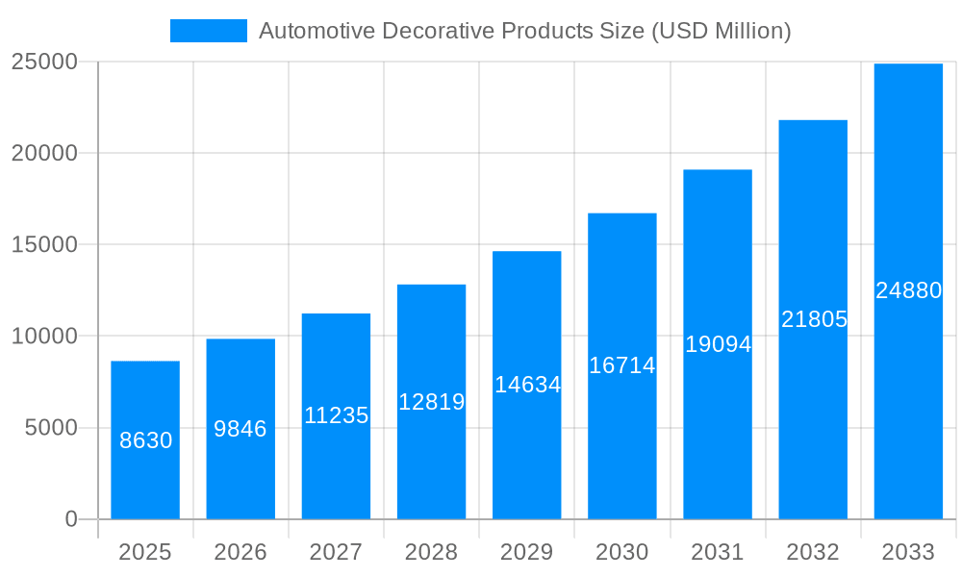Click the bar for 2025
pos(145,481)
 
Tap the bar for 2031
pos(718,433)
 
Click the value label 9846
pos(240,429)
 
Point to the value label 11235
pos(336,415)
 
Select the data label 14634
pos(527,385)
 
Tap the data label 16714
pos(622,365)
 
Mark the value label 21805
pos(814,319)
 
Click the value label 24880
pos(908,289)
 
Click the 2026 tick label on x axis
pos(240,552)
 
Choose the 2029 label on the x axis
pos(527,552)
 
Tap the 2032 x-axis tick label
pos(813,552)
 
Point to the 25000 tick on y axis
pos(44,62)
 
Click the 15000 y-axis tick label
pos(44,244)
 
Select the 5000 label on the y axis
pos(51,428)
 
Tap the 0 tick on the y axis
pos(71,519)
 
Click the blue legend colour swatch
pos(209,31)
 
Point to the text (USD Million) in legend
pos(721,31)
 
